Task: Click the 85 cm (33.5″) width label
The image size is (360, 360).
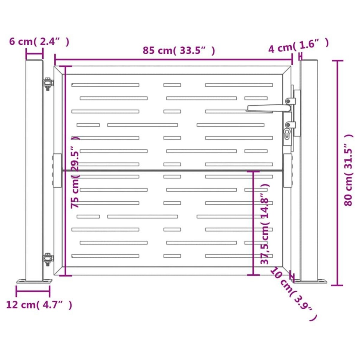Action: click(179, 51)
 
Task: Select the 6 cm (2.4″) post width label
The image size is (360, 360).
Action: click(39, 42)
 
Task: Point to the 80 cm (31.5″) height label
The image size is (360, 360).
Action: click(348, 170)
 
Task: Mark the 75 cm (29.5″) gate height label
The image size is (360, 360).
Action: click(75, 172)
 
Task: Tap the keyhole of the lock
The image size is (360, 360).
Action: click(287, 133)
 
